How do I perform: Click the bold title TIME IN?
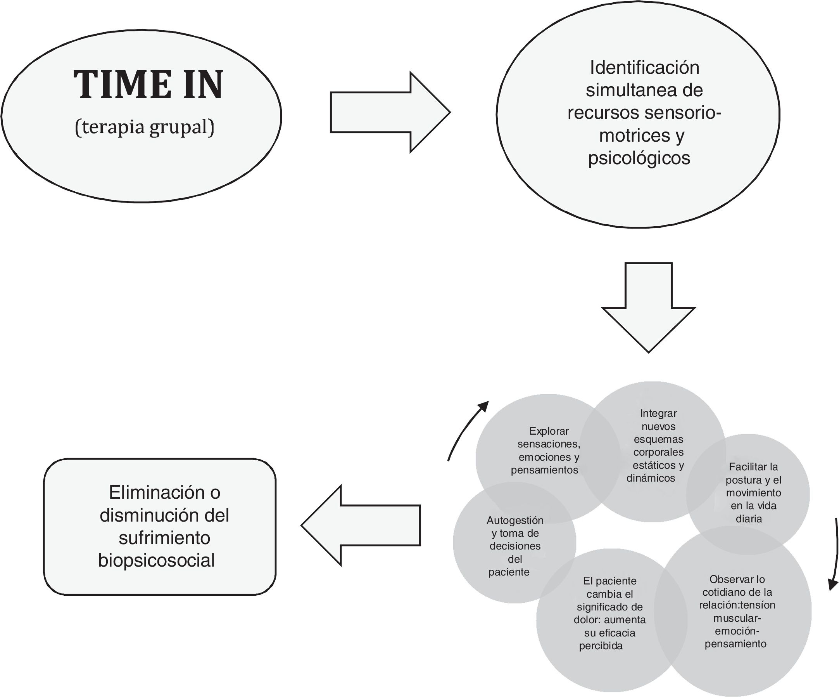148,85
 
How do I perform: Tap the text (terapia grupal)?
145,128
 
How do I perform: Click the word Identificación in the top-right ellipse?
644,68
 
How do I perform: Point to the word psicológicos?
639,158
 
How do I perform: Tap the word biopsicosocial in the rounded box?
157,560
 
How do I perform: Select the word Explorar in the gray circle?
549,431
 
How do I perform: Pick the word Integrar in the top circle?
658,413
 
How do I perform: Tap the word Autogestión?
515,520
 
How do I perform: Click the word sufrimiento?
164,538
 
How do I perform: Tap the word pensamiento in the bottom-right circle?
735,644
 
